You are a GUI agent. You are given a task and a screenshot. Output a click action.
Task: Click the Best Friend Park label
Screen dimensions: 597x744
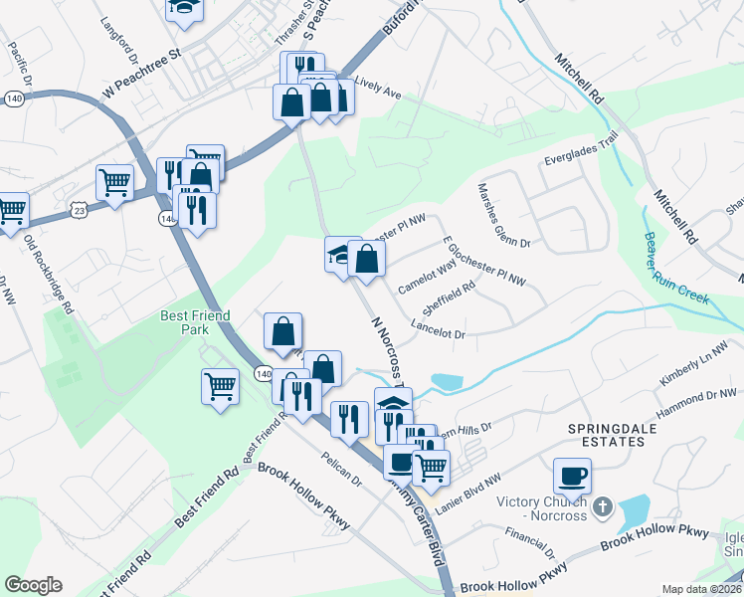click(195, 322)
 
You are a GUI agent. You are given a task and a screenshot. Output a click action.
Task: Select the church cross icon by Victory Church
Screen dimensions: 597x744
click(601, 508)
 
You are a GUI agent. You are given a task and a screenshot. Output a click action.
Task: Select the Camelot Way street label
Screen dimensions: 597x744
click(427, 277)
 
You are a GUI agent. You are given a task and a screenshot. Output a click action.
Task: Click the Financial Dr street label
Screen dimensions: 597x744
click(528, 541)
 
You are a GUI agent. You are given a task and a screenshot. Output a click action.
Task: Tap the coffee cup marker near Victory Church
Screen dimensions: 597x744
click(572, 477)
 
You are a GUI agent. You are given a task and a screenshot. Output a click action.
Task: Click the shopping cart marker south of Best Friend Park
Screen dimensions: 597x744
click(220, 386)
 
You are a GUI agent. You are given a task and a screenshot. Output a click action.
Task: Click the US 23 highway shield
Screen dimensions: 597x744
click(79, 208)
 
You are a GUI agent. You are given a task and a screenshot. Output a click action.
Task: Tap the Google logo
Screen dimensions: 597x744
click(33, 585)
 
